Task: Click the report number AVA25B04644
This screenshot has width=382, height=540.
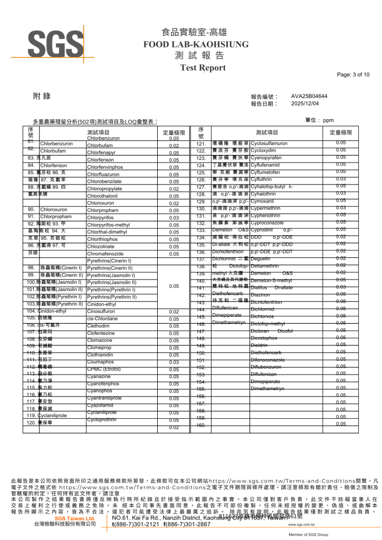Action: (309, 97)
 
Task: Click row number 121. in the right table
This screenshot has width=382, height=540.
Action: (200, 143)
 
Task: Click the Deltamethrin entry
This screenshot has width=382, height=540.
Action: (268, 266)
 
